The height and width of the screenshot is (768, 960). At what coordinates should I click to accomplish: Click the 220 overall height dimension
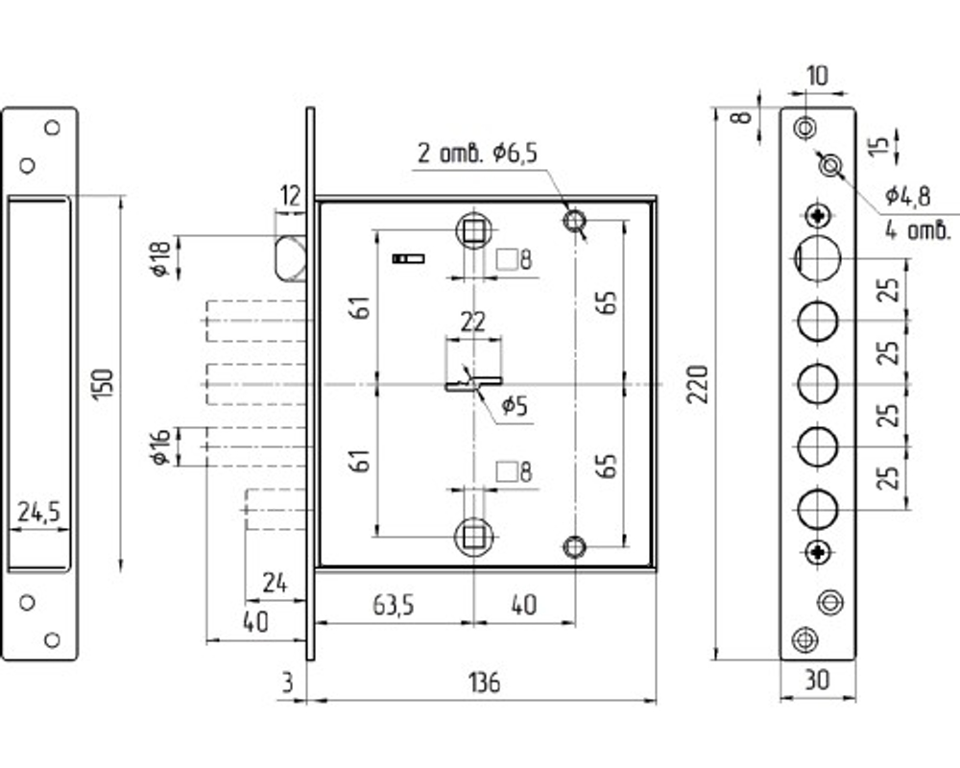pos(697,384)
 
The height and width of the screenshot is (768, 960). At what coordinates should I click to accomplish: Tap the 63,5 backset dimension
pos(393,606)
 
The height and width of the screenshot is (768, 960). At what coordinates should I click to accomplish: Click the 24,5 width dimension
pos(39,512)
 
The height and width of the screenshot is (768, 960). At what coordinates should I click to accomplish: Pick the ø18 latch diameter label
pos(160,259)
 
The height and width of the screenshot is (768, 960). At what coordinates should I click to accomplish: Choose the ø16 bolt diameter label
pos(160,446)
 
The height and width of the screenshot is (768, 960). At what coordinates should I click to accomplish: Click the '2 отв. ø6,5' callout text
pos(477,153)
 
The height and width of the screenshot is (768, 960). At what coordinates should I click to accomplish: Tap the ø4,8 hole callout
pos(907,196)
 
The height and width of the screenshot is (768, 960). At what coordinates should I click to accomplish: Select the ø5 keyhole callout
pos(515,405)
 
